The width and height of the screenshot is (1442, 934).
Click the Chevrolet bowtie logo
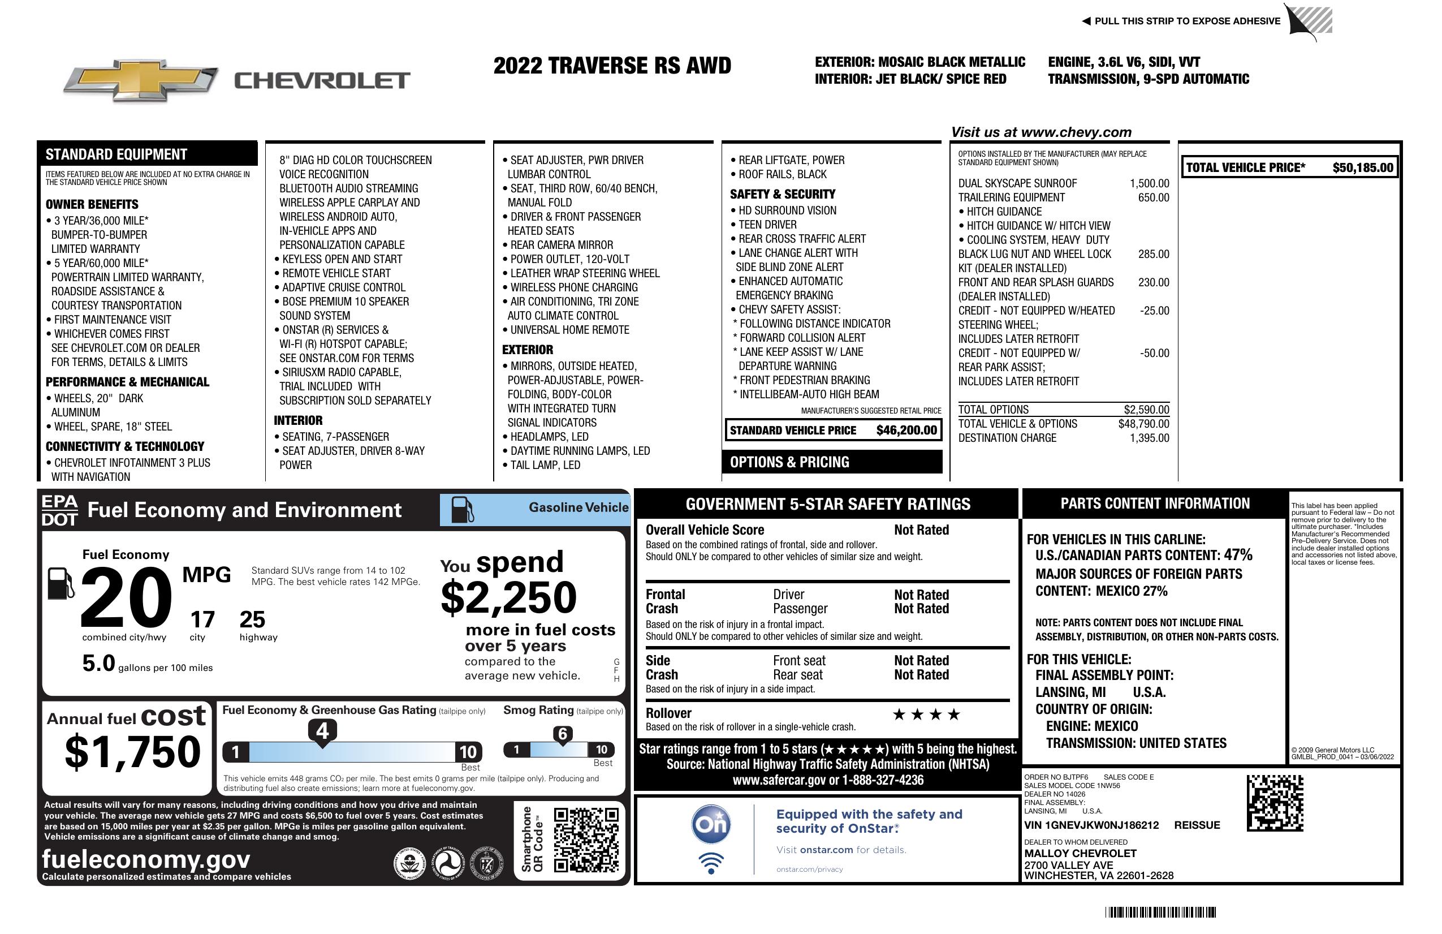point(141,80)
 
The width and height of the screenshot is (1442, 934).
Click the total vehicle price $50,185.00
point(1363,168)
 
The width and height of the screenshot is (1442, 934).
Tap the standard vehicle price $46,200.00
point(906,431)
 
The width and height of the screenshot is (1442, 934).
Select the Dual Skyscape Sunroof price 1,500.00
point(1149,184)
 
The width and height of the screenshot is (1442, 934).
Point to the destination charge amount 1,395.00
point(1149,438)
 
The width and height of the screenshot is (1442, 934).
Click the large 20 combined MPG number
point(126,598)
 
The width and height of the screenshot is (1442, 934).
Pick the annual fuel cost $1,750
point(133,752)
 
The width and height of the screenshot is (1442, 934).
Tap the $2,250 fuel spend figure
point(508,598)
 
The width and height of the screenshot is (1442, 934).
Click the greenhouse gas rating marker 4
point(322,731)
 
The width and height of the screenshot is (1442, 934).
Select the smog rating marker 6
point(562,734)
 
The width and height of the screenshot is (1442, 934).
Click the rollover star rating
point(926,715)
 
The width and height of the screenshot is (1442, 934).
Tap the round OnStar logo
point(711,824)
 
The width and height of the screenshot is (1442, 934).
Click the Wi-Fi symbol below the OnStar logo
point(711,863)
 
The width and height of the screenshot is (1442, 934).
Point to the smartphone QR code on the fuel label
point(586,840)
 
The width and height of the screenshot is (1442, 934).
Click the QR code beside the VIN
point(1275,803)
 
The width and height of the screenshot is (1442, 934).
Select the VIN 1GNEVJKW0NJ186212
point(1091,825)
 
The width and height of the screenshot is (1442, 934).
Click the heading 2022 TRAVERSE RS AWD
point(612,66)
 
